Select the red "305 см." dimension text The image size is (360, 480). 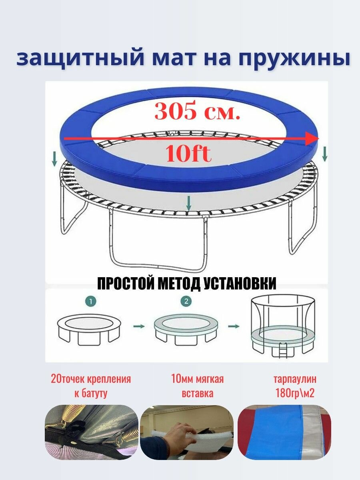pyautogui.click(x=198, y=111)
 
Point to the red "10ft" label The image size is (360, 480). pyautogui.click(x=188, y=154)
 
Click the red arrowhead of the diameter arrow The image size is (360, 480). pyautogui.click(x=313, y=138)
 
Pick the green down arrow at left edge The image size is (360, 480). pyautogui.click(x=54, y=160)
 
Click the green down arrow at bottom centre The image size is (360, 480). pyautogui.click(x=188, y=203)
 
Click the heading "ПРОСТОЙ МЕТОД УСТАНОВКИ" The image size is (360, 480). pyautogui.click(x=187, y=284)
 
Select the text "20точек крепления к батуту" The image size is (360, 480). pyautogui.click(x=91, y=386)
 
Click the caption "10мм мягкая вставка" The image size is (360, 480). pyautogui.click(x=198, y=386)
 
